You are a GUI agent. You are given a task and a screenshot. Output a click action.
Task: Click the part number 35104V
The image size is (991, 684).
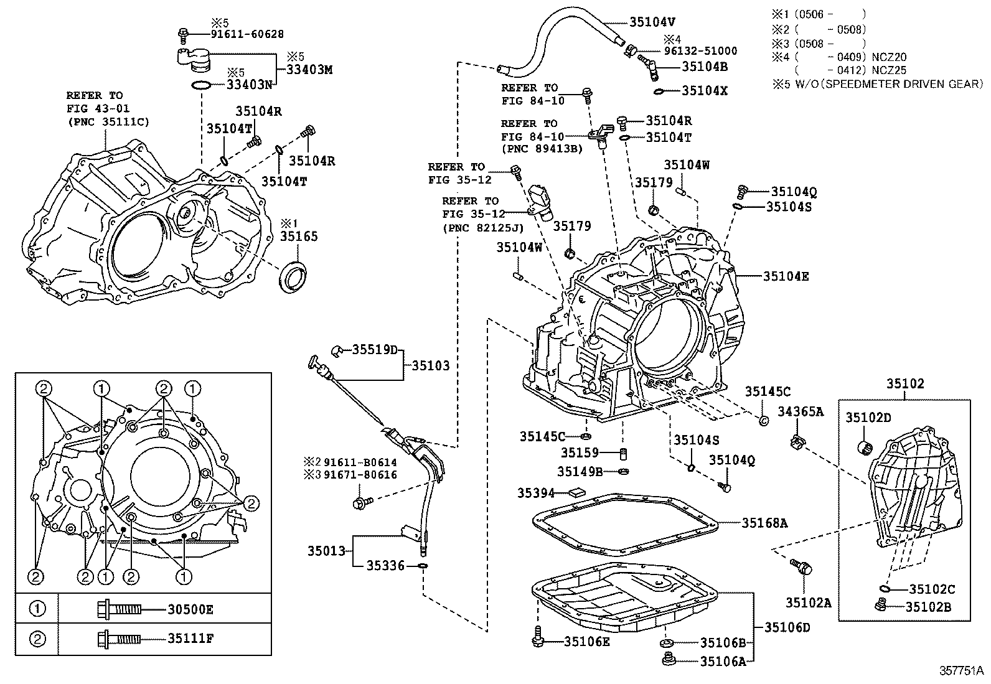click(x=652, y=22)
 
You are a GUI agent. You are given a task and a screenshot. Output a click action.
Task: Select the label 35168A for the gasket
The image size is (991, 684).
click(x=764, y=523)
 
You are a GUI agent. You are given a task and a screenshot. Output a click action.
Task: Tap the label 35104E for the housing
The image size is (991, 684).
click(x=786, y=276)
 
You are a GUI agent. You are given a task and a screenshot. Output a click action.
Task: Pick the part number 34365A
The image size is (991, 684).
click(x=801, y=411)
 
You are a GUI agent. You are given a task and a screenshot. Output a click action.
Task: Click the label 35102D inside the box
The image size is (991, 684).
click(x=868, y=418)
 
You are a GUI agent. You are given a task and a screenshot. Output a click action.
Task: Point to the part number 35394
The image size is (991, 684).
click(x=536, y=493)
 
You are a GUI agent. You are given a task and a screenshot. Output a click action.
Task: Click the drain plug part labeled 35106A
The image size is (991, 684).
click(x=670, y=659)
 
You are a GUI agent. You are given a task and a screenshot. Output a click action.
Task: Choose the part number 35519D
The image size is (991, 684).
click(x=375, y=350)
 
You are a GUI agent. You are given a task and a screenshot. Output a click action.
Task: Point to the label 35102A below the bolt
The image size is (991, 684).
click(x=808, y=602)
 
